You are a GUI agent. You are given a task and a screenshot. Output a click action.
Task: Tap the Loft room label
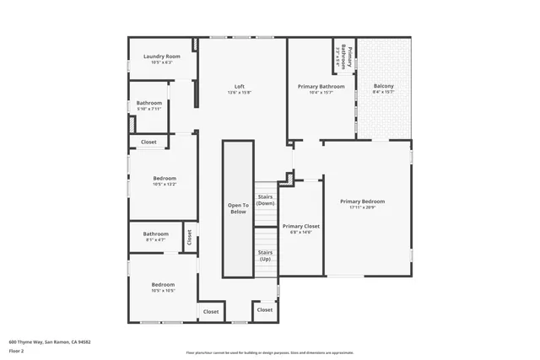click(240, 86)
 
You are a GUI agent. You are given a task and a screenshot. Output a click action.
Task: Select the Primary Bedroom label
click(362, 201)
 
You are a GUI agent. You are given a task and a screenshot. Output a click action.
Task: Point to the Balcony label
click(383, 86)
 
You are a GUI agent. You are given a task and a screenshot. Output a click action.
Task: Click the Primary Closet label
click(301, 226)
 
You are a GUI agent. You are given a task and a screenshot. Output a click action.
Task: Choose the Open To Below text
click(238, 208)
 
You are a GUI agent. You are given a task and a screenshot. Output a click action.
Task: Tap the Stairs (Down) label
click(266, 199)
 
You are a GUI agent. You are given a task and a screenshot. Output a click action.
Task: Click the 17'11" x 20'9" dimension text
click(362, 208)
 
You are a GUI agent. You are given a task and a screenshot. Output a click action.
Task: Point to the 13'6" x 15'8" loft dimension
click(240, 93)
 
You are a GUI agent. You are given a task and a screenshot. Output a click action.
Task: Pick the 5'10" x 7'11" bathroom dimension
click(149, 109)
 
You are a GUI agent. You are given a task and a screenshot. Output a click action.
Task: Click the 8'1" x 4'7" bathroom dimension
click(155, 240)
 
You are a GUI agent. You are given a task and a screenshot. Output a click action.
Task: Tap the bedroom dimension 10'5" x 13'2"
click(165, 185)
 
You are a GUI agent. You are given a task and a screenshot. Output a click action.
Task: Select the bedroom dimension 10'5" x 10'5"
click(163, 291)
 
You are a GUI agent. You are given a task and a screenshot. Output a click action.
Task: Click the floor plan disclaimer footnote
click(269, 352)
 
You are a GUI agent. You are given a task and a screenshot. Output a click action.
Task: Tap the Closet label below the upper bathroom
click(148, 142)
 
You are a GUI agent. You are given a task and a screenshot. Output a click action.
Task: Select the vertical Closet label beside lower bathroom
click(190, 237)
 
